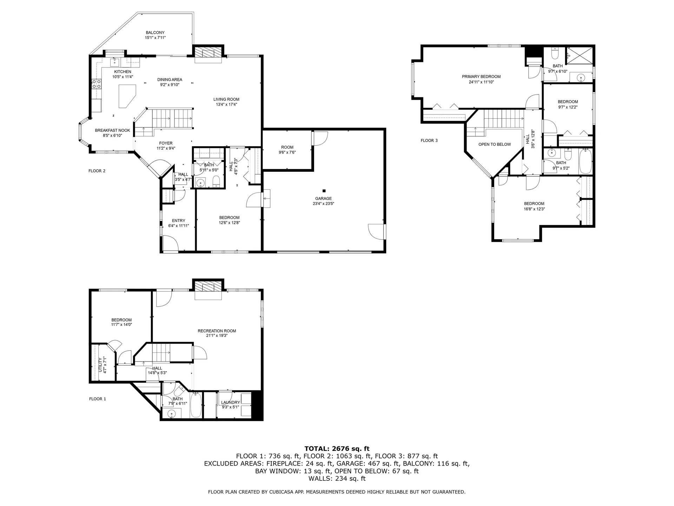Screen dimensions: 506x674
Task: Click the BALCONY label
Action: [155, 33]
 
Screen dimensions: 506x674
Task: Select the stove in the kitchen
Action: [97, 84]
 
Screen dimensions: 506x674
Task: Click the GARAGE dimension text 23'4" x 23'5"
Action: [323, 203]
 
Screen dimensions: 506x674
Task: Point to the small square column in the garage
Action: [324, 191]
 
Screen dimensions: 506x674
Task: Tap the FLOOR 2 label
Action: [97, 171]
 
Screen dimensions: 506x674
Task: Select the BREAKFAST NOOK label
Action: [112, 130]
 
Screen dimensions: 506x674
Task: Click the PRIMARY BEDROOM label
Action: [481, 77]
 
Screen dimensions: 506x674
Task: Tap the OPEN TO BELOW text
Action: [494, 144]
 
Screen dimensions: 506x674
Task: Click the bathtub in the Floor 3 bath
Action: [586, 162]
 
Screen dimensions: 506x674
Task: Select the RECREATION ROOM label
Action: [217, 331]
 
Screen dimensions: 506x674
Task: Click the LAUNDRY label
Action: [230, 403]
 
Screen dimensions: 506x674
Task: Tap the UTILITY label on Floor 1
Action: [100, 365]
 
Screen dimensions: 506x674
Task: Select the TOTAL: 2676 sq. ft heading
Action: [337, 449]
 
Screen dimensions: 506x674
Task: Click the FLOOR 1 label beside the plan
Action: [98, 399]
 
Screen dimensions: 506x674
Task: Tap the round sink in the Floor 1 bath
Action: [171, 413]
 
